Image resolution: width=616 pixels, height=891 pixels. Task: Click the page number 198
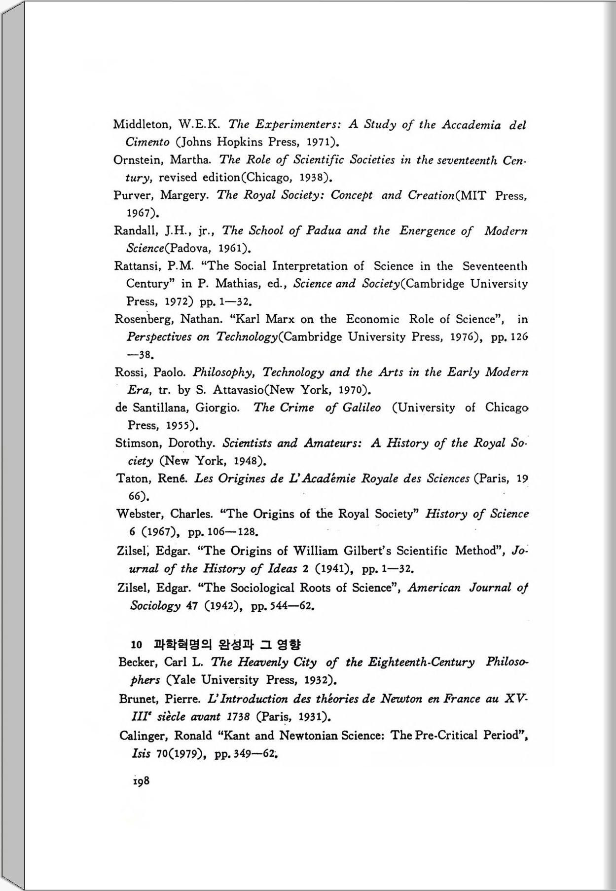pyautogui.click(x=141, y=781)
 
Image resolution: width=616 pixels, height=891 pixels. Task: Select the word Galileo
pyautogui.click(x=362, y=408)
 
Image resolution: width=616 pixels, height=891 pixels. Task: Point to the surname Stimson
pyautogui.click(x=138, y=443)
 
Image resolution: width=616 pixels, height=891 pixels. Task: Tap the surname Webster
pyautogui.click(x=140, y=514)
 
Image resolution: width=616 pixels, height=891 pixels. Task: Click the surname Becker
pyautogui.click(x=138, y=662)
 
